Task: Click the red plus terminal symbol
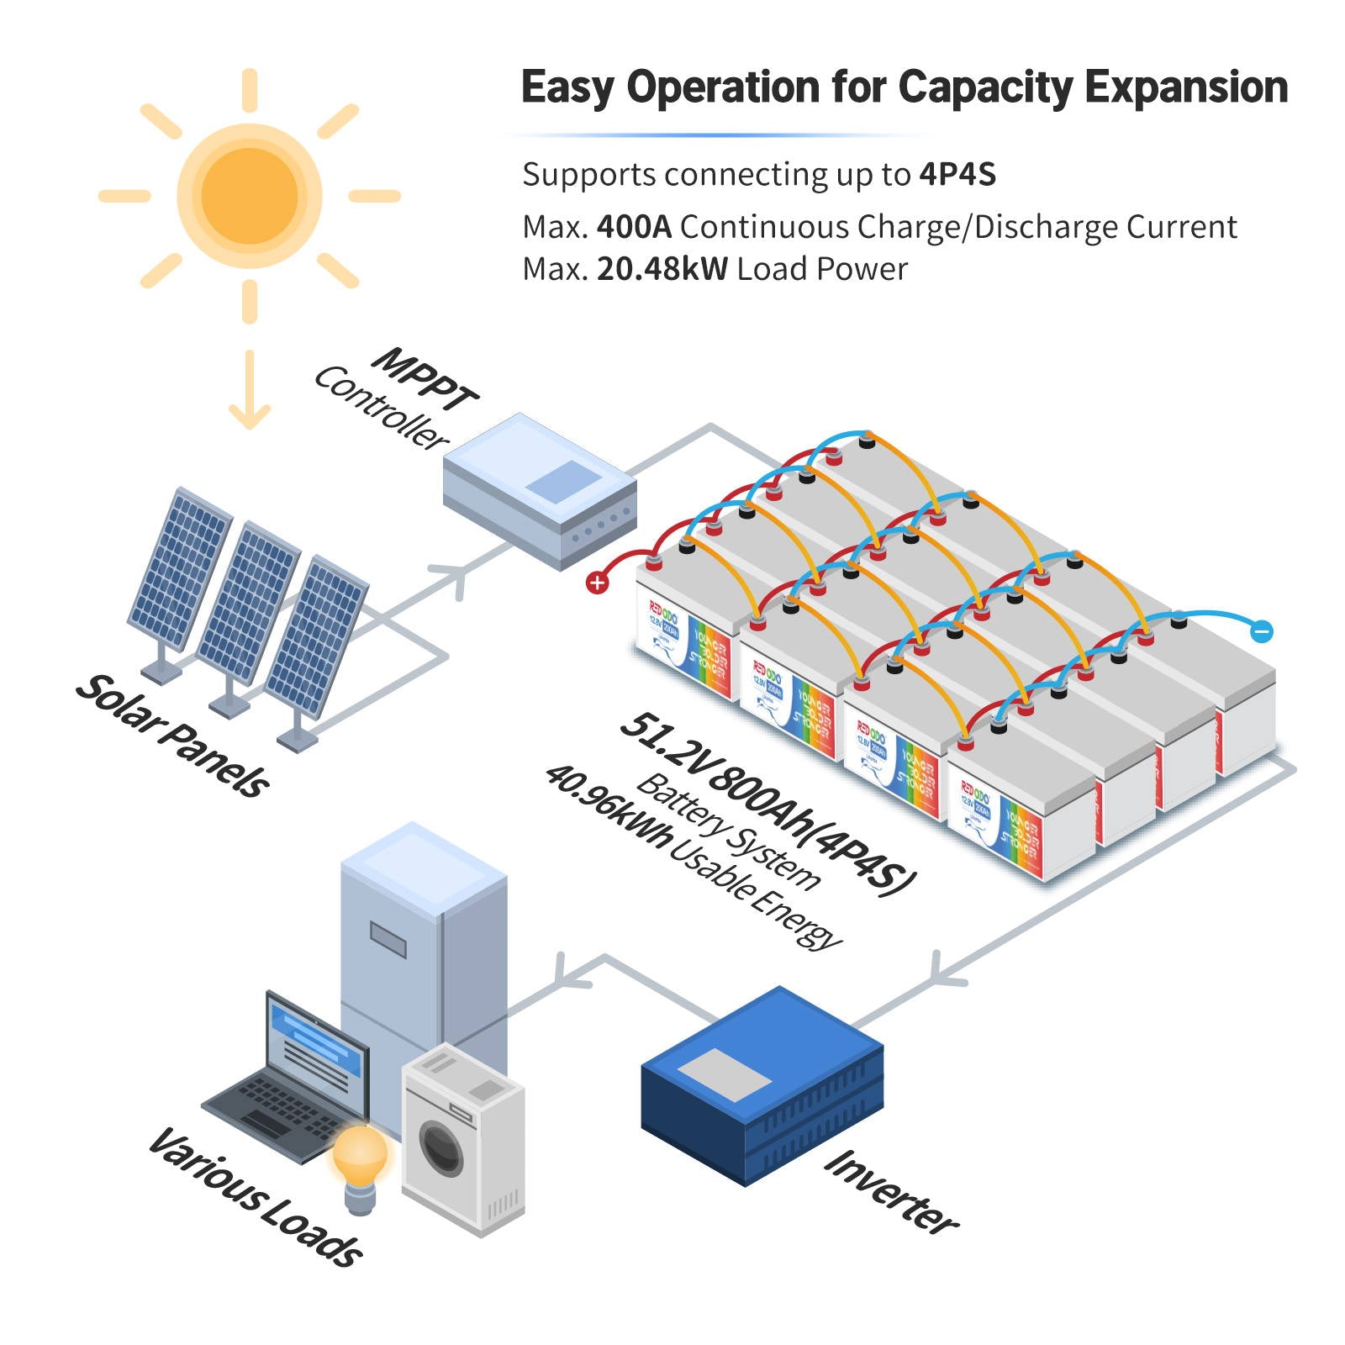[597, 583]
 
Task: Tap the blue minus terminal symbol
[1261, 631]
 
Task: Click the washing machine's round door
[440, 1148]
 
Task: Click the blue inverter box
[762, 1084]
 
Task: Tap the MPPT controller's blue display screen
[563, 482]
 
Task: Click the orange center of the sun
[250, 196]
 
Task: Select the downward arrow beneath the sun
[250, 391]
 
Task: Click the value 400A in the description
[634, 227]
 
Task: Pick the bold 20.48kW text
[662, 269]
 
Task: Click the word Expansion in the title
[1185, 87]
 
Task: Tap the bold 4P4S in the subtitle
[957, 175]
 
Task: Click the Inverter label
[891, 1192]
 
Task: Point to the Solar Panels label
[172, 736]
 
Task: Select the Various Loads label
[256, 1198]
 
